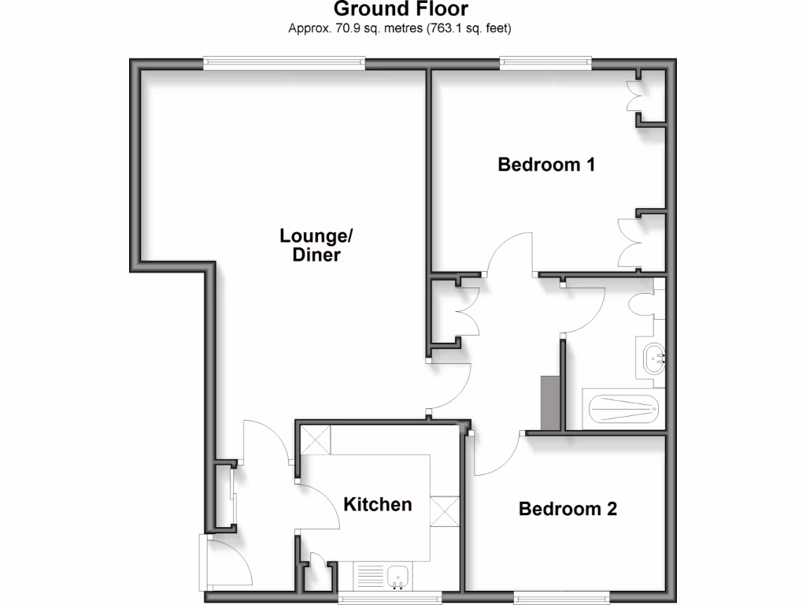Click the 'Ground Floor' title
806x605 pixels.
401,9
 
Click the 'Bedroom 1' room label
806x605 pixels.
546,165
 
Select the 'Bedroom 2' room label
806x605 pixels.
568,509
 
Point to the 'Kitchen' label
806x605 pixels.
378,504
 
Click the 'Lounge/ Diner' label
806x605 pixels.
316,245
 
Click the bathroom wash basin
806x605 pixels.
655,359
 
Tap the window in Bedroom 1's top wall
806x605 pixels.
545,63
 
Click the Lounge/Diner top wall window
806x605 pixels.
284,63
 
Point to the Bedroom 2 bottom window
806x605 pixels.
561,597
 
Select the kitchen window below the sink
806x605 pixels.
390,598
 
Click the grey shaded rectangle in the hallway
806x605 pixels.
549,401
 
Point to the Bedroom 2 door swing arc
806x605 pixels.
496,457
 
